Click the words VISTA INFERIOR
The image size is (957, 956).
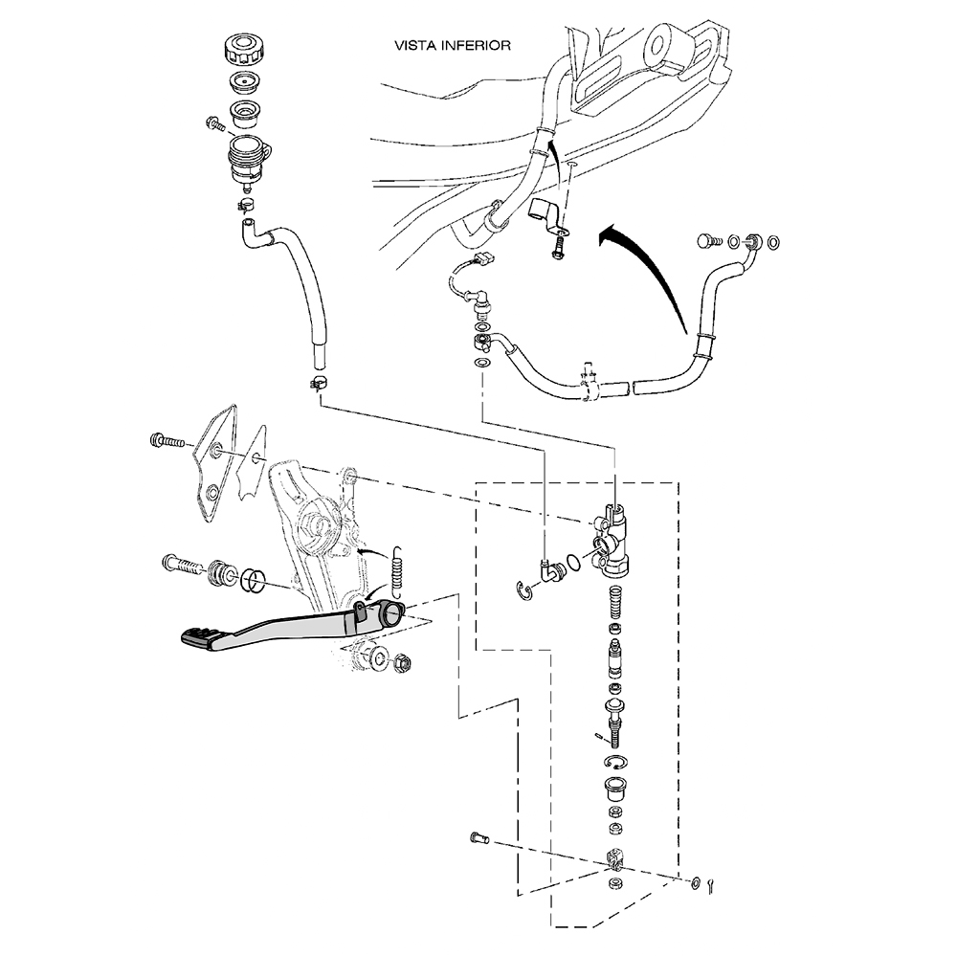click(453, 45)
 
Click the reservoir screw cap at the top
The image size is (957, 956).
click(243, 49)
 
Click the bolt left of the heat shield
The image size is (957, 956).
click(166, 439)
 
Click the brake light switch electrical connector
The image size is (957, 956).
click(482, 258)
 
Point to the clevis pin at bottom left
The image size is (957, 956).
click(479, 837)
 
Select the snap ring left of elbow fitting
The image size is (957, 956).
click(523, 590)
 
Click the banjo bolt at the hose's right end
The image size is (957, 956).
click(708, 241)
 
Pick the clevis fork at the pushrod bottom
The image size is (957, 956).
click(615, 859)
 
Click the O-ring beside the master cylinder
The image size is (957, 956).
click(573, 561)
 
